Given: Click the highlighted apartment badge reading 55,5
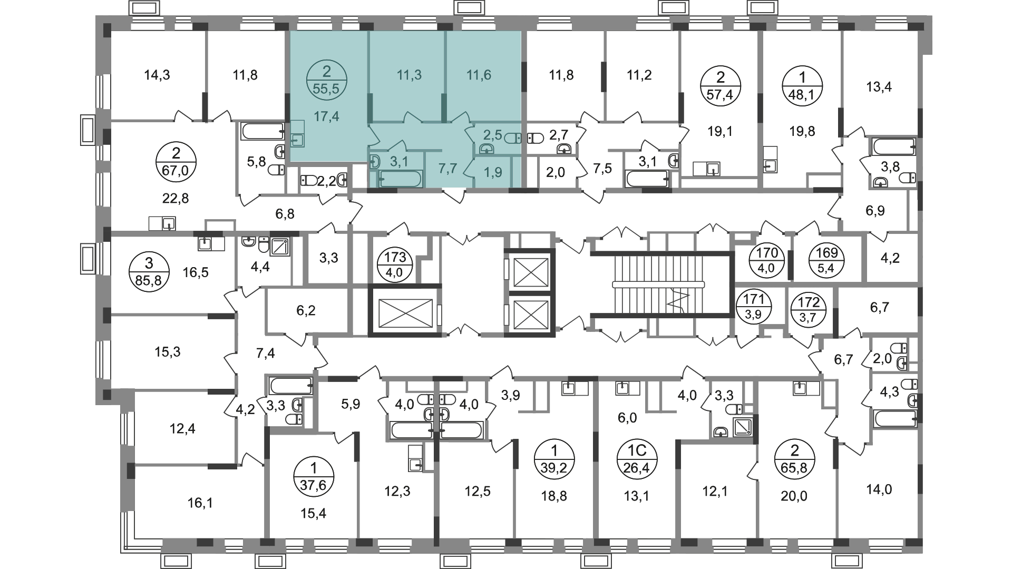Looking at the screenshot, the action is (326, 80).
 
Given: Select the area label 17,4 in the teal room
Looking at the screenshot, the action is (326, 116).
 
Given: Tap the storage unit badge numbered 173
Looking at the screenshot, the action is (396, 266).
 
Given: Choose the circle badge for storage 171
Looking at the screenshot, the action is (754, 306).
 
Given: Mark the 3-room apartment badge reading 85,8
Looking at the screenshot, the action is (148, 272).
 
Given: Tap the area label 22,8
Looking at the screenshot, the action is (176, 198).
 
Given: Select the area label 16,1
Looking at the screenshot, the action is (200, 503).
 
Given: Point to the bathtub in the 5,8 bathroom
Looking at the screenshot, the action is (263, 131).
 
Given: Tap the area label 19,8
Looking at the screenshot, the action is (802, 131).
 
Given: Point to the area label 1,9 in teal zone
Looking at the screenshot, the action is (493, 172).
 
